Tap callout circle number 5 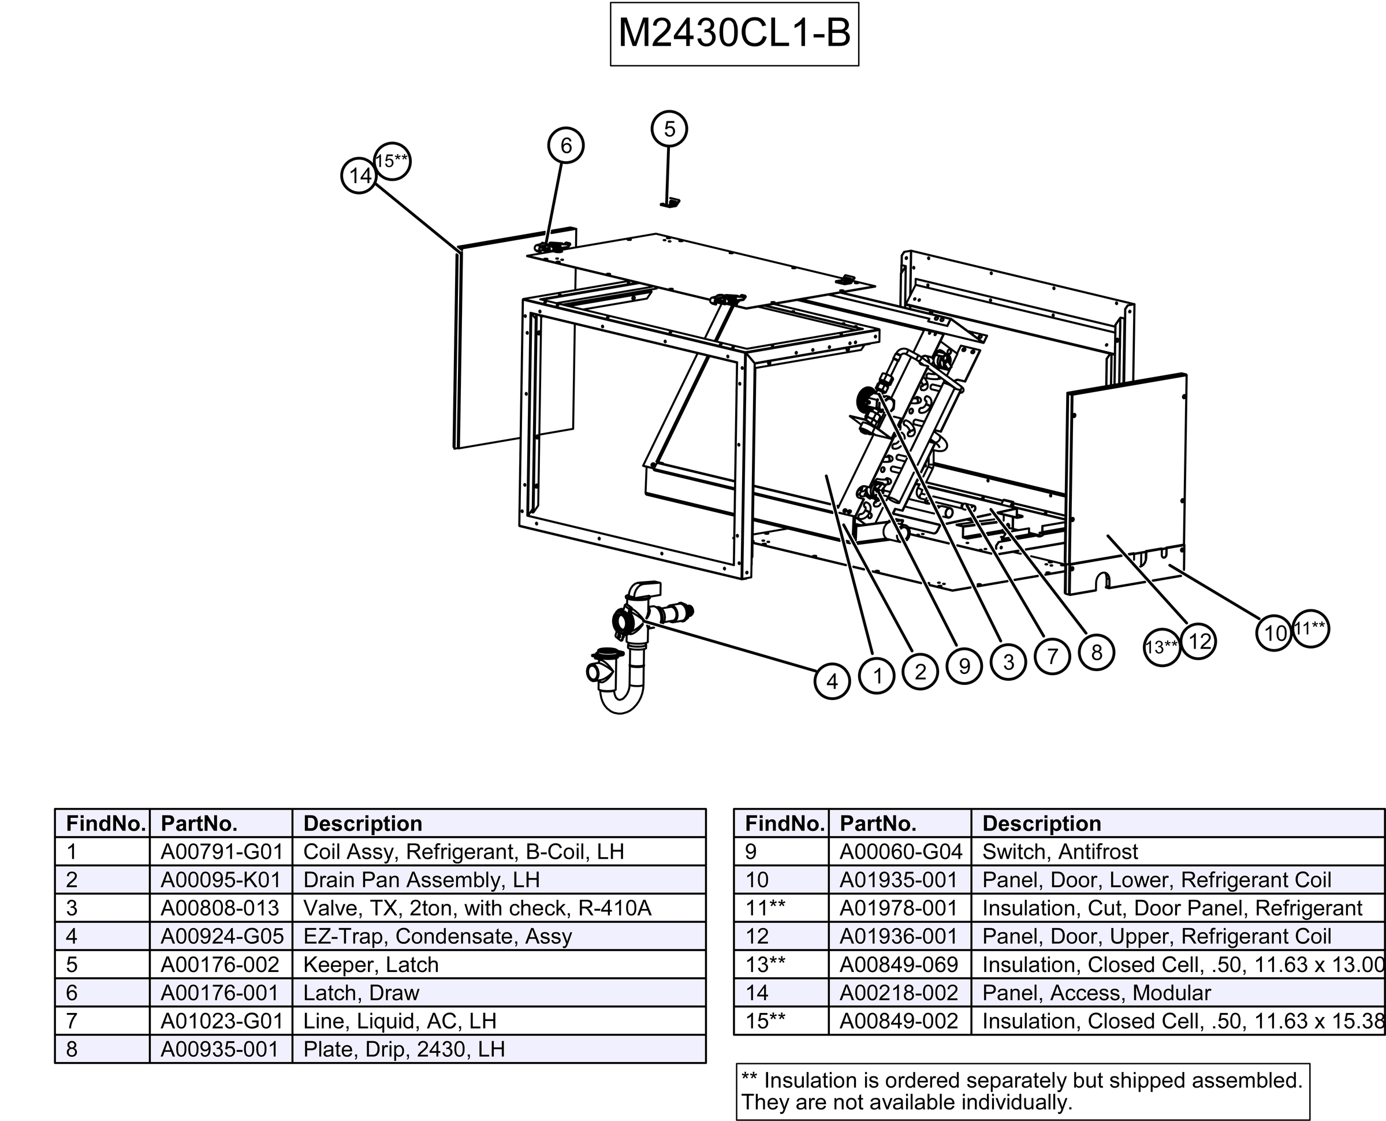pyautogui.click(x=669, y=129)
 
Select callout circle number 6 pyautogui.click(x=565, y=146)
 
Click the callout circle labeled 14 pyautogui.click(x=360, y=176)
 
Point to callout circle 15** pyautogui.click(x=392, y=160)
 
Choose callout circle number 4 pyautogui.click(x=832, y=681)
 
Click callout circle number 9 pyautogui.click(x=964, y=666)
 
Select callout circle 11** pyautogui.click(x=1310, y=628)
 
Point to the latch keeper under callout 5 pyautogui.click(x=670, y=203)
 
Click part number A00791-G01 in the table pyautogui.click(x=221, y=852)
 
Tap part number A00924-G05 pyautogui.click(x=221, y=936)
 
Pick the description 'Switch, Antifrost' pyautogui.click(x=1060, y=852)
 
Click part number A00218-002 pyautogui.click(x=899, y=993)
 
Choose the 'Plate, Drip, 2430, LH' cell pyautogui.click(x=404, y=1049)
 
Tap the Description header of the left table pyautogui.click(x=363, y=824)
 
